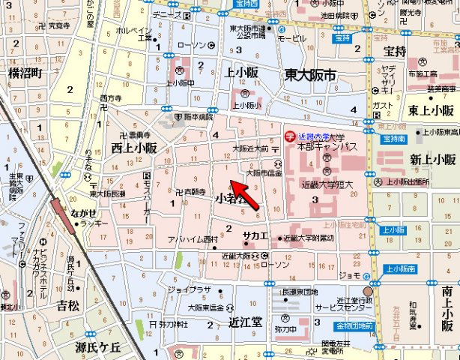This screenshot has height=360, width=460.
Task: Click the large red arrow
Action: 246,194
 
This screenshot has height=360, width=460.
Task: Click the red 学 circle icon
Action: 291,137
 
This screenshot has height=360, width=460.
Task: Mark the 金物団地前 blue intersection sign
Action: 354,325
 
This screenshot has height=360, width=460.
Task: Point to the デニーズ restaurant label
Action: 166,13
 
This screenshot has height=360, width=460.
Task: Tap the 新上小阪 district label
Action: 432,159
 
